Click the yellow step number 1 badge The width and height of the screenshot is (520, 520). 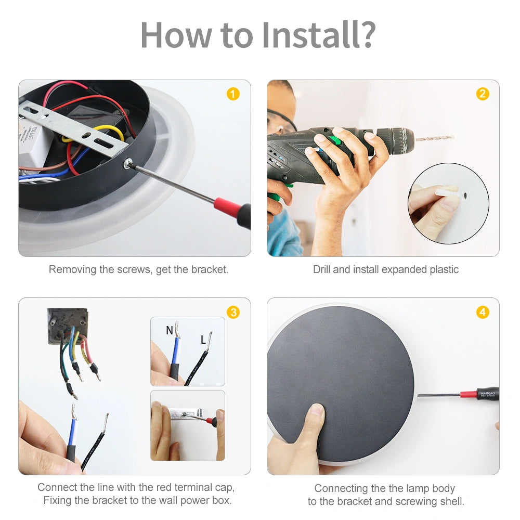coord(233,94)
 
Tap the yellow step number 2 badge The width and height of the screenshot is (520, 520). coord(483,94)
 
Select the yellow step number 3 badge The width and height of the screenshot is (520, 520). coord(233,312)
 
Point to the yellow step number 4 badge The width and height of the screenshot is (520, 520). coord(483,312)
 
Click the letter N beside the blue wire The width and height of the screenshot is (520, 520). coord(170,330)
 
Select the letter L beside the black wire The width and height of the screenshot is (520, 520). coord(203,340)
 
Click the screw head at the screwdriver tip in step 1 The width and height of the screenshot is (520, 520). coord(128,163)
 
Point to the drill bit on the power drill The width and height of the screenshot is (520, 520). coord(434,138)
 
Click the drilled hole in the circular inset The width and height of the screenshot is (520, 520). coord(465,196)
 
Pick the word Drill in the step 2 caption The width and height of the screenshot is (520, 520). coord(321,269)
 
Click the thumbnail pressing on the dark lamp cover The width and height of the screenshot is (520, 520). coord(317,411)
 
